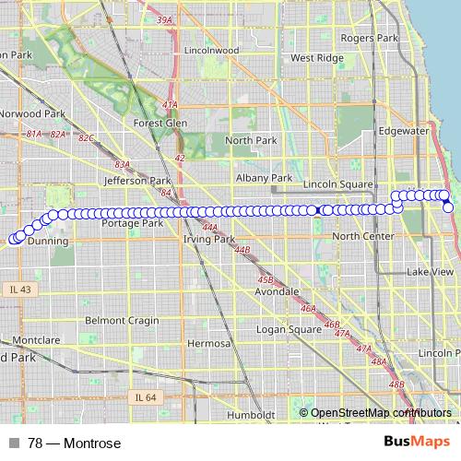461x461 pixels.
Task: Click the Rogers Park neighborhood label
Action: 369,38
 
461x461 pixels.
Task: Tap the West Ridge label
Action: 316,57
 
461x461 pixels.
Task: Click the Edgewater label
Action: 403,131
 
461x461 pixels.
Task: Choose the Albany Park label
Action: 264,177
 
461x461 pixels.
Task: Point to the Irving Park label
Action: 210,239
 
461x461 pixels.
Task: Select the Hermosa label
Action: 207,343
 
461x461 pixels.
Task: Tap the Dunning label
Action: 48,241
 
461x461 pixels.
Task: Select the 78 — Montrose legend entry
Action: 65,443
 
